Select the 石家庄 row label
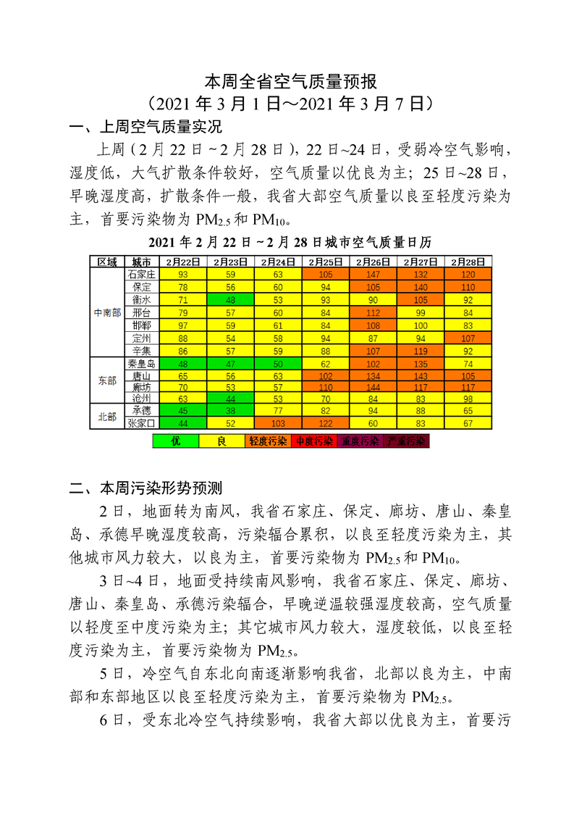[141, 275]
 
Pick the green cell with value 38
[231, 410]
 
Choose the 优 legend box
[175, 441]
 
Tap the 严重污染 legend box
[406, 441]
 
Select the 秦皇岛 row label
[141, 363]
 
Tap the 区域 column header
[107, 262]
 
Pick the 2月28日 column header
[468, 262]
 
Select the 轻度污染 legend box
[268, 441]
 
